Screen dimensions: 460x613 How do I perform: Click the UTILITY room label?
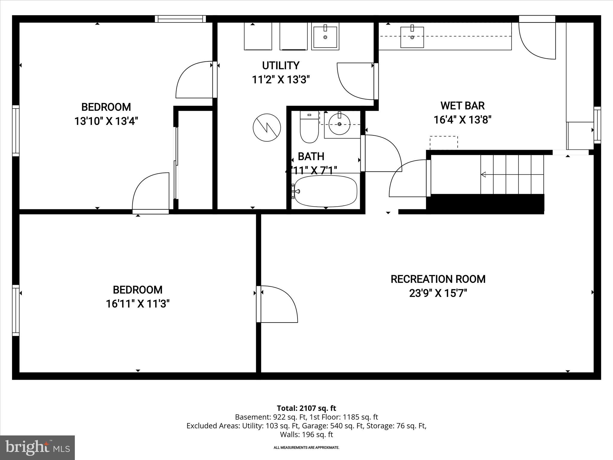coord(280,65)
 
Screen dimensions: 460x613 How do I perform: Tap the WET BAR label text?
coord(462,106)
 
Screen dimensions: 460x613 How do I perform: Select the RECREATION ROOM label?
coord(438,279)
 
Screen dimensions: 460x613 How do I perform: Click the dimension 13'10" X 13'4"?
coord(106,121)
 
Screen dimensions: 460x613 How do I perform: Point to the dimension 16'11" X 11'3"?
coord(138,304)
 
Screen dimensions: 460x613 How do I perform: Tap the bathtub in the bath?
coord(326,191)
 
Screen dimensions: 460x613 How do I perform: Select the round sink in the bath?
coord(339,124)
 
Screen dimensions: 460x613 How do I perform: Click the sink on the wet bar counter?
coord(412,37)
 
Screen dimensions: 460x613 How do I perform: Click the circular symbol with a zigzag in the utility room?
coord(267,128)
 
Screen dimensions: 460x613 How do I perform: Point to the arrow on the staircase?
coord(483,174)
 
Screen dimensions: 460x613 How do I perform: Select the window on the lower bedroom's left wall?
coord(16,310)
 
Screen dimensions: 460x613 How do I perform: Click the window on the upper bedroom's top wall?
coord(180,19)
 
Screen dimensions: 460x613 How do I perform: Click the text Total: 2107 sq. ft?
coord(306,408)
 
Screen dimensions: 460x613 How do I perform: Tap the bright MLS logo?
coord(37,448)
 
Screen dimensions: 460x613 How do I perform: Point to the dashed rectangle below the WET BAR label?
coord(444,143)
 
